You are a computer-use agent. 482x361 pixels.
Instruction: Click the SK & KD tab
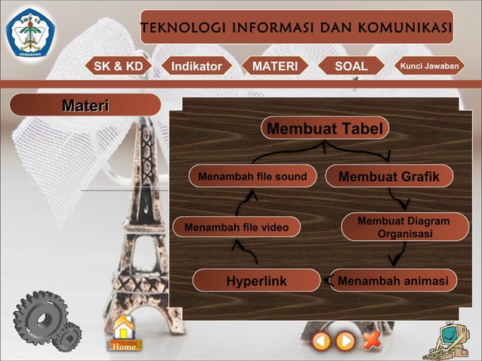[117, 66]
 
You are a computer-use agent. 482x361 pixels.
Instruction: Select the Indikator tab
[196, 66]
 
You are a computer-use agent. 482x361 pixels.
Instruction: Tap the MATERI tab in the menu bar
[275, 66]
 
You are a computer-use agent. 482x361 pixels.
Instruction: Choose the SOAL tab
[351, 66]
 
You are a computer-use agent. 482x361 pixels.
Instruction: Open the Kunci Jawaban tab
[429, 66]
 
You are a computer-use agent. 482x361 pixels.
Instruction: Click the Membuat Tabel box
[326, 128]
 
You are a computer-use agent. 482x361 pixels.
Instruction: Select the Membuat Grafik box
[389, 177]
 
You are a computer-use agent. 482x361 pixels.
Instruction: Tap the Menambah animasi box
[393, 281]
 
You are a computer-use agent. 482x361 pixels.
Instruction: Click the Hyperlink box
[256, 281]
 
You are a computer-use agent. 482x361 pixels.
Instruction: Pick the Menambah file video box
[236, 227]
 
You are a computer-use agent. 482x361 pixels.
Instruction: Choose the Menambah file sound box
[252, 177]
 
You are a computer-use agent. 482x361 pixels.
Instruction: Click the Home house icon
[123, 333]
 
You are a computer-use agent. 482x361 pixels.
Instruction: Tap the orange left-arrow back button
[322, 341]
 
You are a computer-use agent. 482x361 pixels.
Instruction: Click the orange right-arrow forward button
[345, 341]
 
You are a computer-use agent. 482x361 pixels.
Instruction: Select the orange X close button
[371, 341]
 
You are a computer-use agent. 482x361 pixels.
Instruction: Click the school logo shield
[30, 32]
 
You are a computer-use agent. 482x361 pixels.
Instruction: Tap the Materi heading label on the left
[85, 105]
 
